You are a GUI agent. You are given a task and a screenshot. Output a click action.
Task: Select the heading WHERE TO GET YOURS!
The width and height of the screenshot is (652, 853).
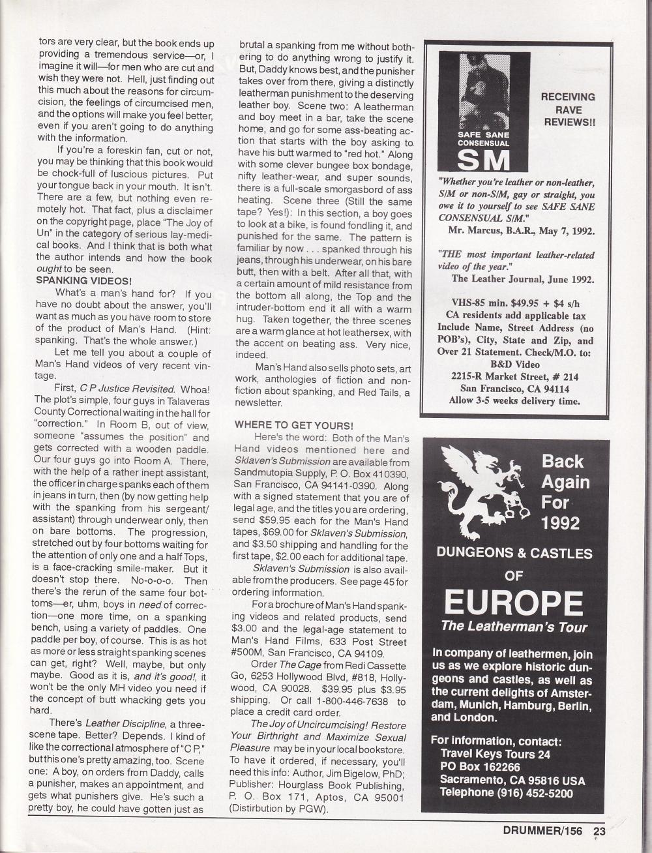click(x=293, y=425)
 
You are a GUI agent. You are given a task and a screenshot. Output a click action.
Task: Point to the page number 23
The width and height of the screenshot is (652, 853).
click(x=599, y=831)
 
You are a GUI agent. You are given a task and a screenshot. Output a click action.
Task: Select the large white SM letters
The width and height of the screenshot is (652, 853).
click(x=482, y=158)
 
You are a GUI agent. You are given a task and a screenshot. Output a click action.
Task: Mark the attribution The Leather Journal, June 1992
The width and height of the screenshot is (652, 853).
click(x=522, y=278)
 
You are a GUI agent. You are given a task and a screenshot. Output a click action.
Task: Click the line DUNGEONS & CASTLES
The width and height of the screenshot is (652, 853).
click(x=514, y=554)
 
